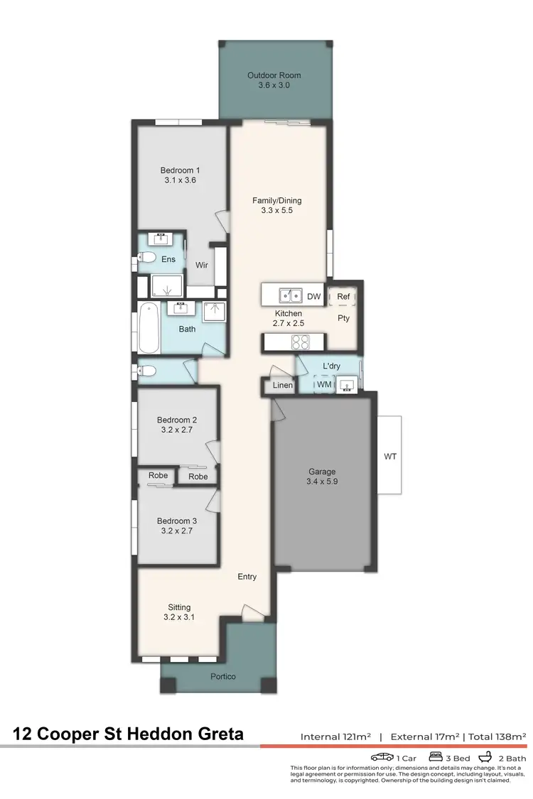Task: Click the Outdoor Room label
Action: click(274, 75)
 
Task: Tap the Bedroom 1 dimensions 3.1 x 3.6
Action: click(180, 180)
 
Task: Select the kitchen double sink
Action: click(290, 295)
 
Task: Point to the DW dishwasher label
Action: click(314, 296)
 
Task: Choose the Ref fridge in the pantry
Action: click(343, 296)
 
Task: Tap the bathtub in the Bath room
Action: click(148, 328)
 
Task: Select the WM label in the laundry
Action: click(323, 385)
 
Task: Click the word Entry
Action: click(247, 577)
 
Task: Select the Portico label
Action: click(224, 676)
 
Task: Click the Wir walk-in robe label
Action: click(202, 266)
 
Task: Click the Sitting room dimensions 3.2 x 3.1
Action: click(179, 617)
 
